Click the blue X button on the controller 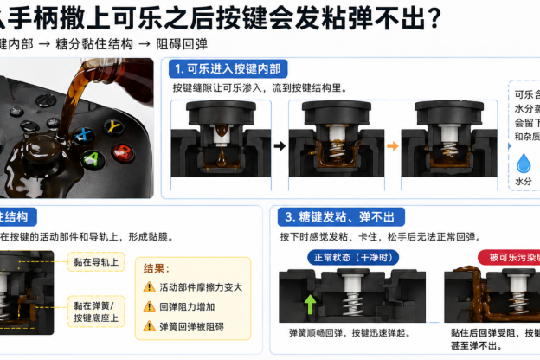point(84,135)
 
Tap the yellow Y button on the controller point(112,126)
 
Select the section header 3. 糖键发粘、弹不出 point(340,216)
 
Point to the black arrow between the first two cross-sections point(280,145)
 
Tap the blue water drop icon point(524,164)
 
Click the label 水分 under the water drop point(524,183)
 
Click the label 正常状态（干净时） point(344,257)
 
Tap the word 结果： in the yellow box point(156,269)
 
